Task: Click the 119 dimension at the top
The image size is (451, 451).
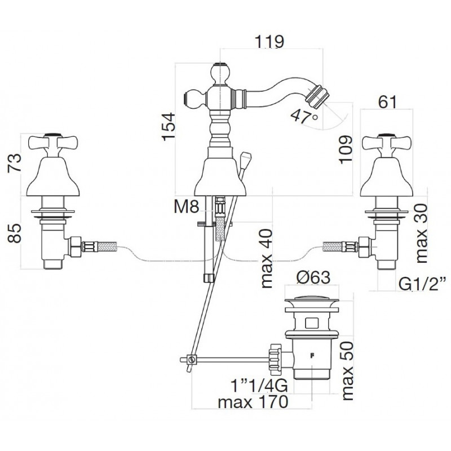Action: point(269,41)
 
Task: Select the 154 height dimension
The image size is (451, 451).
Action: point(169,126)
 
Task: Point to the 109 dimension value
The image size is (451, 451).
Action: point(346,149)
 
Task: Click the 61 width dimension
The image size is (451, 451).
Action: point(387,102)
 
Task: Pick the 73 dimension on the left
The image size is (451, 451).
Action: point(15,162)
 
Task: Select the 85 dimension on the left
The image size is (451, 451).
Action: point(15,233)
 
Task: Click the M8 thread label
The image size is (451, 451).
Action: point(187,206)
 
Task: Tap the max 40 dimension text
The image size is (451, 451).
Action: point(266,259)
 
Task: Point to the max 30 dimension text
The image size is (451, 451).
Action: point(421,233)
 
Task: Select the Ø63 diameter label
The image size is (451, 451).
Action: point(314,277)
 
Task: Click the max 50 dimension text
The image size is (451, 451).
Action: point(347,371)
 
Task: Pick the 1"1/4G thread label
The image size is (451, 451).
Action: point(259,386)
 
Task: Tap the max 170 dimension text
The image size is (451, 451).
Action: point(253,402)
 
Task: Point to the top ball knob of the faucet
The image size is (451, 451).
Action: point(220,73)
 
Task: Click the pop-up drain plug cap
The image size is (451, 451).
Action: point(312,300)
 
